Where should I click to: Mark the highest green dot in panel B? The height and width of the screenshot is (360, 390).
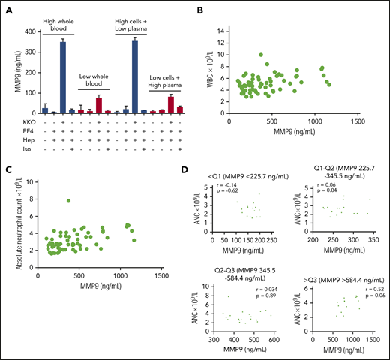pyautogui.click(x=262, y=54)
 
